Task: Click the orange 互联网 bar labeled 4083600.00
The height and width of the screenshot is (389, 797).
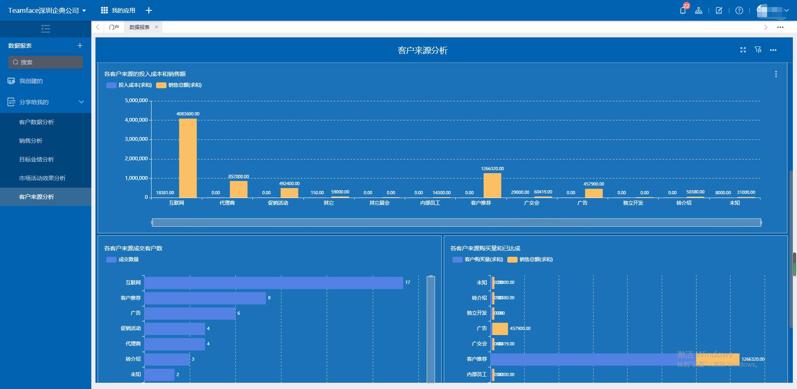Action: pyautogui.click(x=188, y=158)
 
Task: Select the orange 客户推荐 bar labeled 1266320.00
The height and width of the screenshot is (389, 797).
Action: pyautogui.click(x=492, y=185)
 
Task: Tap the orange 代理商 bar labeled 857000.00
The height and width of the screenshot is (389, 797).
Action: pyautogui.click(x=239, y=189)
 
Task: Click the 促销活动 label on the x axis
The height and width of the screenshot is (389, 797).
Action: pyautogui.click(x=278, y=203)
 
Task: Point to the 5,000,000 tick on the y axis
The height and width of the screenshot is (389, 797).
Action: pyautogui.click(x=136, y=100)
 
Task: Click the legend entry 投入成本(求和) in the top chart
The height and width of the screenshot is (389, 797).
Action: pyautogui.click(x=129, y=85)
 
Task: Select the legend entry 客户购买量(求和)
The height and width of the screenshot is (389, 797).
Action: pyautogui.click(x=478, y=259)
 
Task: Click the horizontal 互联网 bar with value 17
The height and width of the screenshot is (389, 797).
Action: pyautogui.click(x=274, y=283)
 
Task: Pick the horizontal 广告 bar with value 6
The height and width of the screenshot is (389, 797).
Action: pyautogui.click(x=190, y=313)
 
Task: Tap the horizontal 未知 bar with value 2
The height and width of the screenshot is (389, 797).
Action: pyautogui.click(x=159, y=374)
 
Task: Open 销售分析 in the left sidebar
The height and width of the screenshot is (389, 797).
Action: pyautogui.click(x=31, y=141)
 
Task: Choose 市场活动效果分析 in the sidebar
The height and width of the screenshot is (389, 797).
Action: pyautogui.click(x=42, y=178)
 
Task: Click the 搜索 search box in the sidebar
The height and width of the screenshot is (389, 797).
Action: pyautogui.click(x=46, y=62)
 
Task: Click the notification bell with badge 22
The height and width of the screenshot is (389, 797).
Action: pyautogui.click(x=682, y=10)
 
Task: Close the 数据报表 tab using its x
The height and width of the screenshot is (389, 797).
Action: pyautogui.click(x=156, y=27)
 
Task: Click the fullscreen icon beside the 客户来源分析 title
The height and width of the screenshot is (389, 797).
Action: pyautogui.click(x=743, y=50)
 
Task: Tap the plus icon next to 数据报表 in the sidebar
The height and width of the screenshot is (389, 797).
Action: pyautogui.click(x=80, y=45)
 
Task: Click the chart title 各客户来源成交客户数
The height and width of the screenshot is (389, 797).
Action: pyautogui.click(x=133, y=248)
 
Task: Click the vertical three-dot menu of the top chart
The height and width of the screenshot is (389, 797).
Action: pyautogui.click(x=776, y=74)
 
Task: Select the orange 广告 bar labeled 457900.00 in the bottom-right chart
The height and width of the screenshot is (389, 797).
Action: pyautogui.click(x=500, y=329)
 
